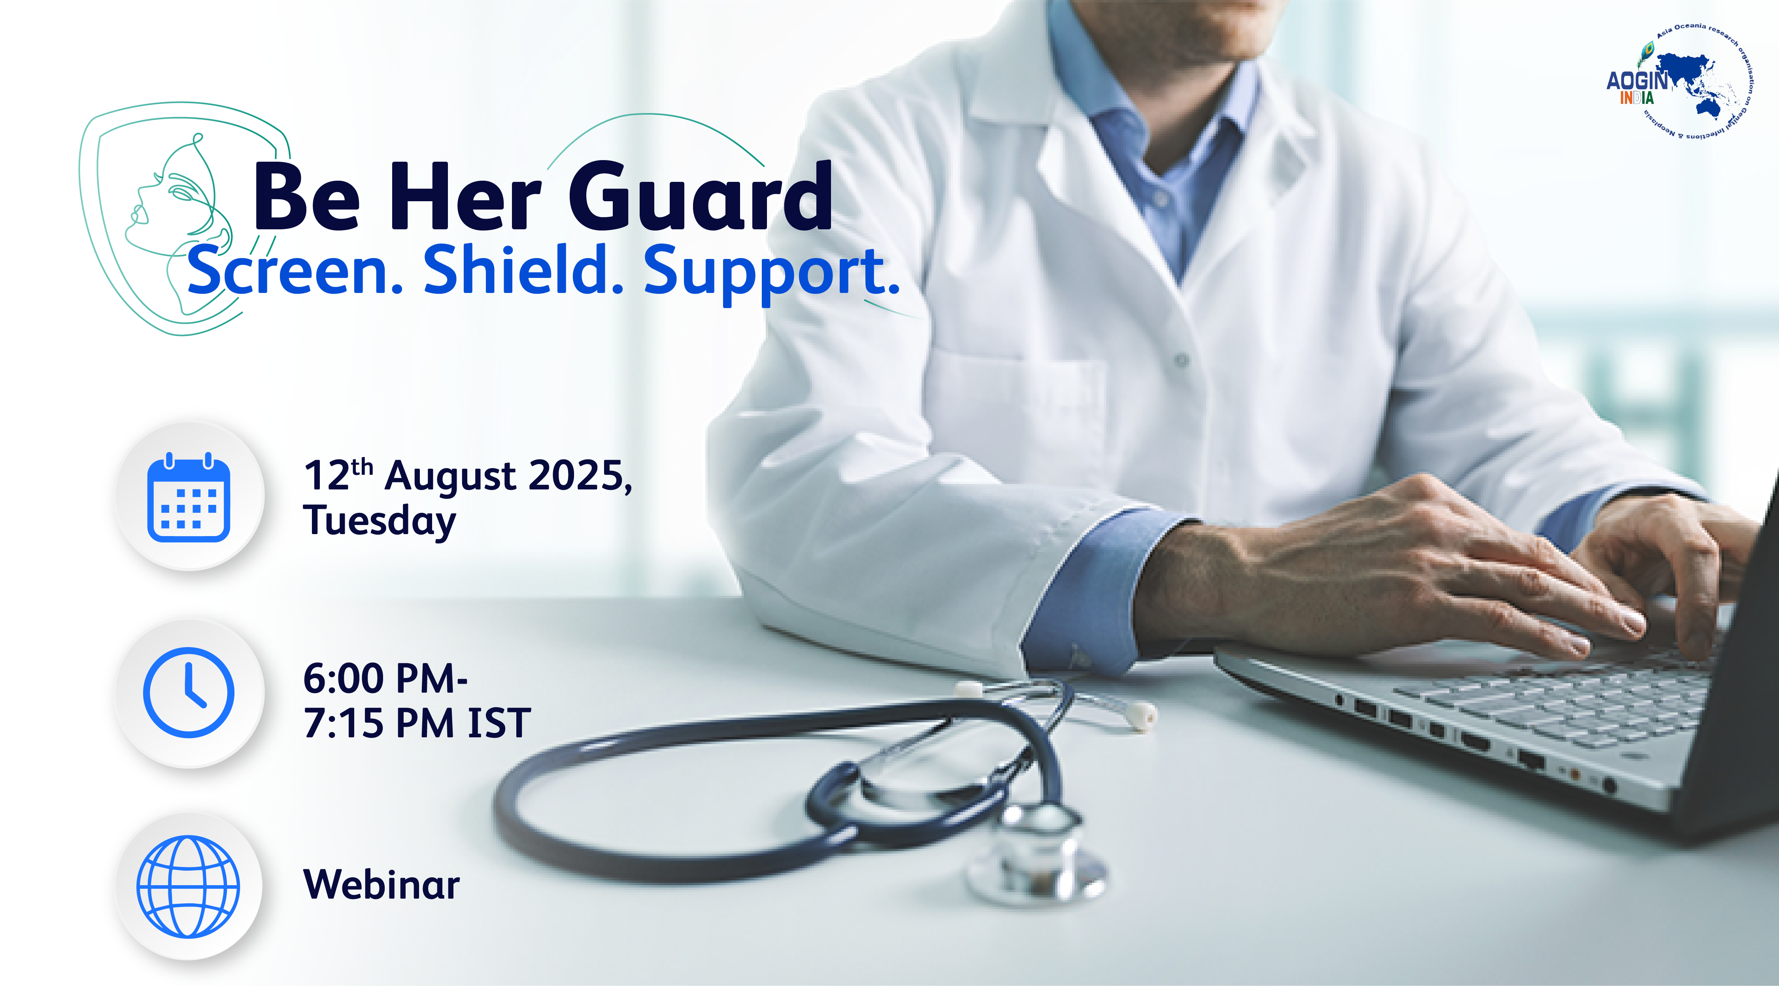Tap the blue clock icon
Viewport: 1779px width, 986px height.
(x=189, y=693)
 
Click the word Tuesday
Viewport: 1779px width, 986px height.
(x=379, y=521)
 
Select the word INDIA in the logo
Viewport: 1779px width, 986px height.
(x=1637, y=98)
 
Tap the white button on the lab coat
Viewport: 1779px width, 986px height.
(x=1182, y=360)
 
